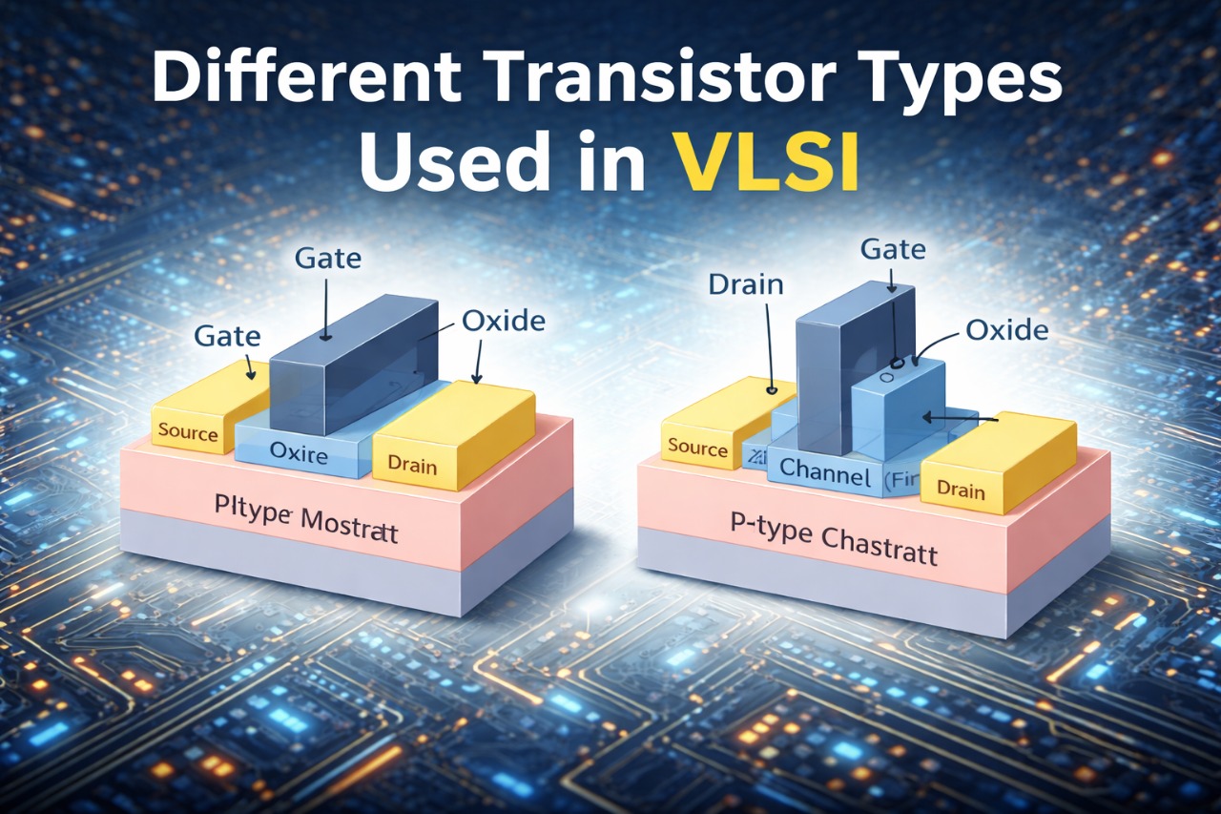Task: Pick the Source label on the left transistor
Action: coord(188,432)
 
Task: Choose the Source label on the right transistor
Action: coord(698,448)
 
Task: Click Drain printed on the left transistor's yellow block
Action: coord(412,467)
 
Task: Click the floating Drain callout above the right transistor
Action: coord(746,284)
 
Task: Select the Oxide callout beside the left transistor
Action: coord(503,321)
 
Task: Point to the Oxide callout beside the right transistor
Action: coord(1006,330)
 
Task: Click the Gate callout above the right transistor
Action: coord(893,250)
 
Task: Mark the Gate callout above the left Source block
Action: coord(226,335)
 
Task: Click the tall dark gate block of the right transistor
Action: coord(822,372)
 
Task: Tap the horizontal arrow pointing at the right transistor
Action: coord(960,417)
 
